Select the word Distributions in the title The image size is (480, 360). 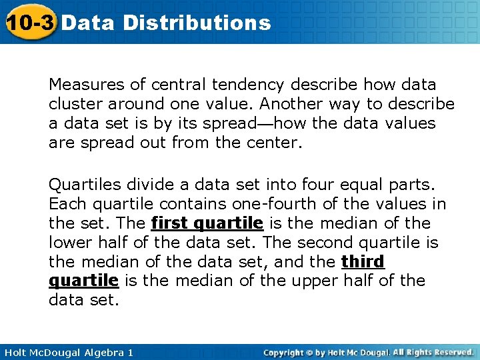(x=197, y=23)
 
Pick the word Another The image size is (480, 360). (x=289, y=104)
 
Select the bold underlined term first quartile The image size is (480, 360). (x=207, y=223)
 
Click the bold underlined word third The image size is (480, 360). (x=363, y=261)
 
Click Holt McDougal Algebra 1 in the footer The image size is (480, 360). (x=67, y=352)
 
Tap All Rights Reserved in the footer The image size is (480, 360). (x=433, y=352)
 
